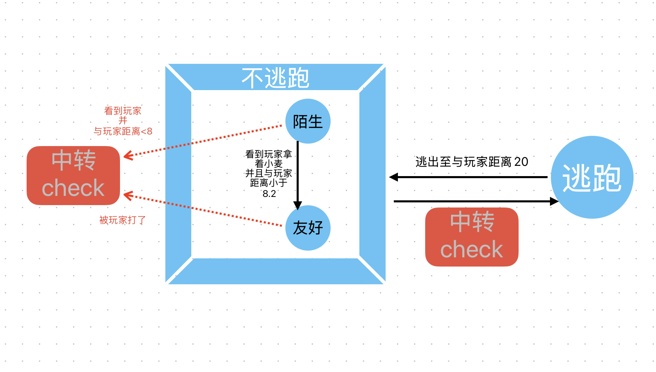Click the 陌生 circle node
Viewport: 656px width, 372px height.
coord(308,121)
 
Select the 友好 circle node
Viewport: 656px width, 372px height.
coord(308,228)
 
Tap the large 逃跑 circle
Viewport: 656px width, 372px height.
coord(592,177)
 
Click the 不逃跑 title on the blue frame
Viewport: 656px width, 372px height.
coord(275,78)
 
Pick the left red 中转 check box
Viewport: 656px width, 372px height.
coord(73,175)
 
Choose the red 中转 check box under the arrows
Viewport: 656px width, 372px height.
coord(472,237)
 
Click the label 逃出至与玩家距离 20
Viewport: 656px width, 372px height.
coord(472,162)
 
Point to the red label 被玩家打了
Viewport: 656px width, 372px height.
coord(122,220)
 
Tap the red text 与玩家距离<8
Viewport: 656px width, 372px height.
coord(123,131)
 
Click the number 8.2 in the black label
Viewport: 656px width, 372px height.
coord(269,194)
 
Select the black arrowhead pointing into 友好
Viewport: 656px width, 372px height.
coord(298,205)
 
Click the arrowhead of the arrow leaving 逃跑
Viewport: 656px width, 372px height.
coord(394,177)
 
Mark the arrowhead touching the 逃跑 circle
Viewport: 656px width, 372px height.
coord(554,201)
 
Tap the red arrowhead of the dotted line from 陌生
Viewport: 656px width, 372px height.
coord(128,156)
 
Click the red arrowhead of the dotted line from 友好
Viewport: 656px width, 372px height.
coord(128,196)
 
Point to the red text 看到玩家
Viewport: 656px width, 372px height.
coord(123,111)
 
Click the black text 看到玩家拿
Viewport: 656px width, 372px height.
coord(269,154)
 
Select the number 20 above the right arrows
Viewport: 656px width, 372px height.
coord(521,162)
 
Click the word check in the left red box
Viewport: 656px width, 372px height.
coord(73,188)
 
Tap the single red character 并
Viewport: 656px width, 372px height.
coord(123,120)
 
